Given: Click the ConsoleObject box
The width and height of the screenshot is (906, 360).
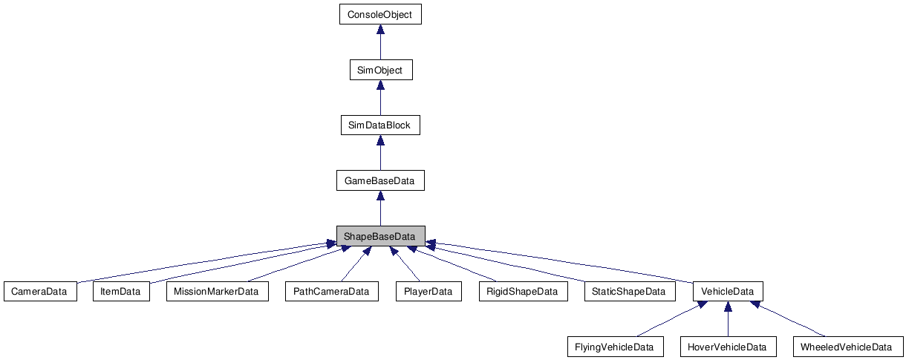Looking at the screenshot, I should pyautogui.click(x=380, y=14).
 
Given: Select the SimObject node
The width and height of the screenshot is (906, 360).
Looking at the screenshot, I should pyautogui.click(x=380, y=70).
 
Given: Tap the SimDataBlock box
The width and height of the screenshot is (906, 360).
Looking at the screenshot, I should pyautogui.click(x=380, y=125).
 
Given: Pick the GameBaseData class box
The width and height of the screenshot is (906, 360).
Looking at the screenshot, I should pyautogui.click(x=380, y=180).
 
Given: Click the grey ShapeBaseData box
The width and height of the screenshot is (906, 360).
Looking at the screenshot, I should pyautogui.click(x=380, y=236).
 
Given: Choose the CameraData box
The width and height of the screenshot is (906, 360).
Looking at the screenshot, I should pyautogui.click(x=40, y=291).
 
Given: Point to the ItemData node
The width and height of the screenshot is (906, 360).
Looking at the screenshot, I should pyautogui.click(x=120, y=291).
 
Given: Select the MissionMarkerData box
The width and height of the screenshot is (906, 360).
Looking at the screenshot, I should pyautogui.click(x=217, y=291).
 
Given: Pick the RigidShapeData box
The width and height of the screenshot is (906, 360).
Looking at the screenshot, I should pyautogui.click(x=523, y=291).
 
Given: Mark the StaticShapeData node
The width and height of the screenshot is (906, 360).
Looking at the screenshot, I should pyautogui.click(x=630, y=291).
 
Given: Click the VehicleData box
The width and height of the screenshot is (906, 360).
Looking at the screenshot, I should pyautogui.click(x=728, y=291).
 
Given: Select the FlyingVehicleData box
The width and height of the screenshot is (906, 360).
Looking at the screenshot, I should pyautogui.click(x=615, y=347).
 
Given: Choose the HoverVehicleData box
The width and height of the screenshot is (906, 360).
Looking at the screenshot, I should pyautogui.click(x=728, y=347).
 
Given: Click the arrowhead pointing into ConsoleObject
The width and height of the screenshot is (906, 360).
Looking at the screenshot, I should pyautogui.click(x=380, y=30).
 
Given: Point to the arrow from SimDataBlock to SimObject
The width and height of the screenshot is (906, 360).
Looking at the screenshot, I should pyautogui.click(x=380, y=97).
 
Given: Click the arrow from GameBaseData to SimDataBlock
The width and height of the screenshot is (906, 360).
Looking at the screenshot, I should pyautogui.click(x=380, y=153).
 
